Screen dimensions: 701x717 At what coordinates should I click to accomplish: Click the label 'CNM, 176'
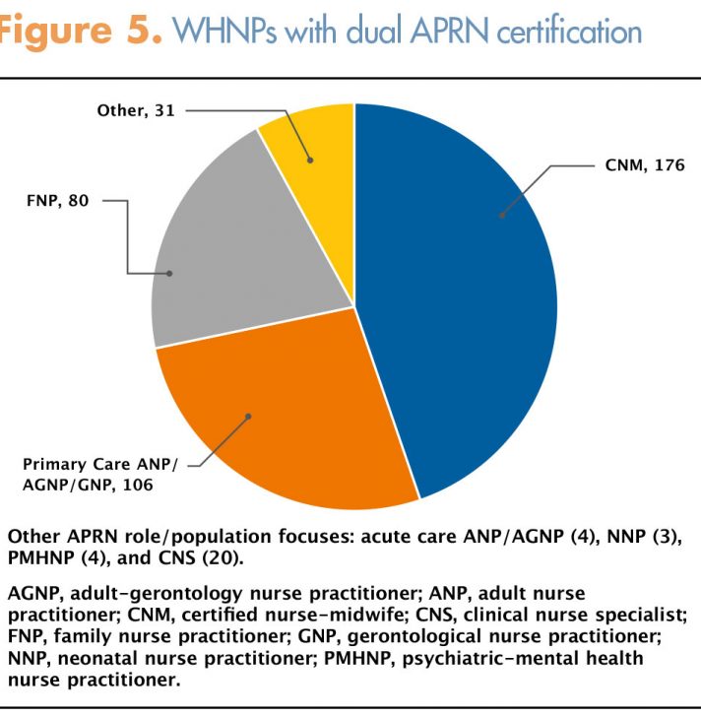[x=645, y=165]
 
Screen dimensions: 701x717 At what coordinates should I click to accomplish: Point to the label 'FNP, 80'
[x=57, y=200]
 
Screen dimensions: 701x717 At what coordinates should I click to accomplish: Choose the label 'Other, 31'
[x=136, y=110]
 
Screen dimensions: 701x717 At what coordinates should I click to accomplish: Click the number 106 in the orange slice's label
[x=138, y=485]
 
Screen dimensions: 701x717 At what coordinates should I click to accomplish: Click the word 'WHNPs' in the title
[x=224, y=32]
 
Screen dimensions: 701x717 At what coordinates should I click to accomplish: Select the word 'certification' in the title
[x=569, y=32]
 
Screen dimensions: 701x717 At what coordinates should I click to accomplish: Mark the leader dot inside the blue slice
[x=502, y=215]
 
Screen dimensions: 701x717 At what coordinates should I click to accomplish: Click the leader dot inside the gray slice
[x=169, y=274]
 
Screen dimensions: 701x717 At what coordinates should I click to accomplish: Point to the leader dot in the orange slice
[x=248, y=416]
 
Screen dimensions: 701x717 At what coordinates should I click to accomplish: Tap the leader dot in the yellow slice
[x=310, y=160]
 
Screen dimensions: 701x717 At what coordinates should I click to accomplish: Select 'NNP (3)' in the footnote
[x=644, y=537]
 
